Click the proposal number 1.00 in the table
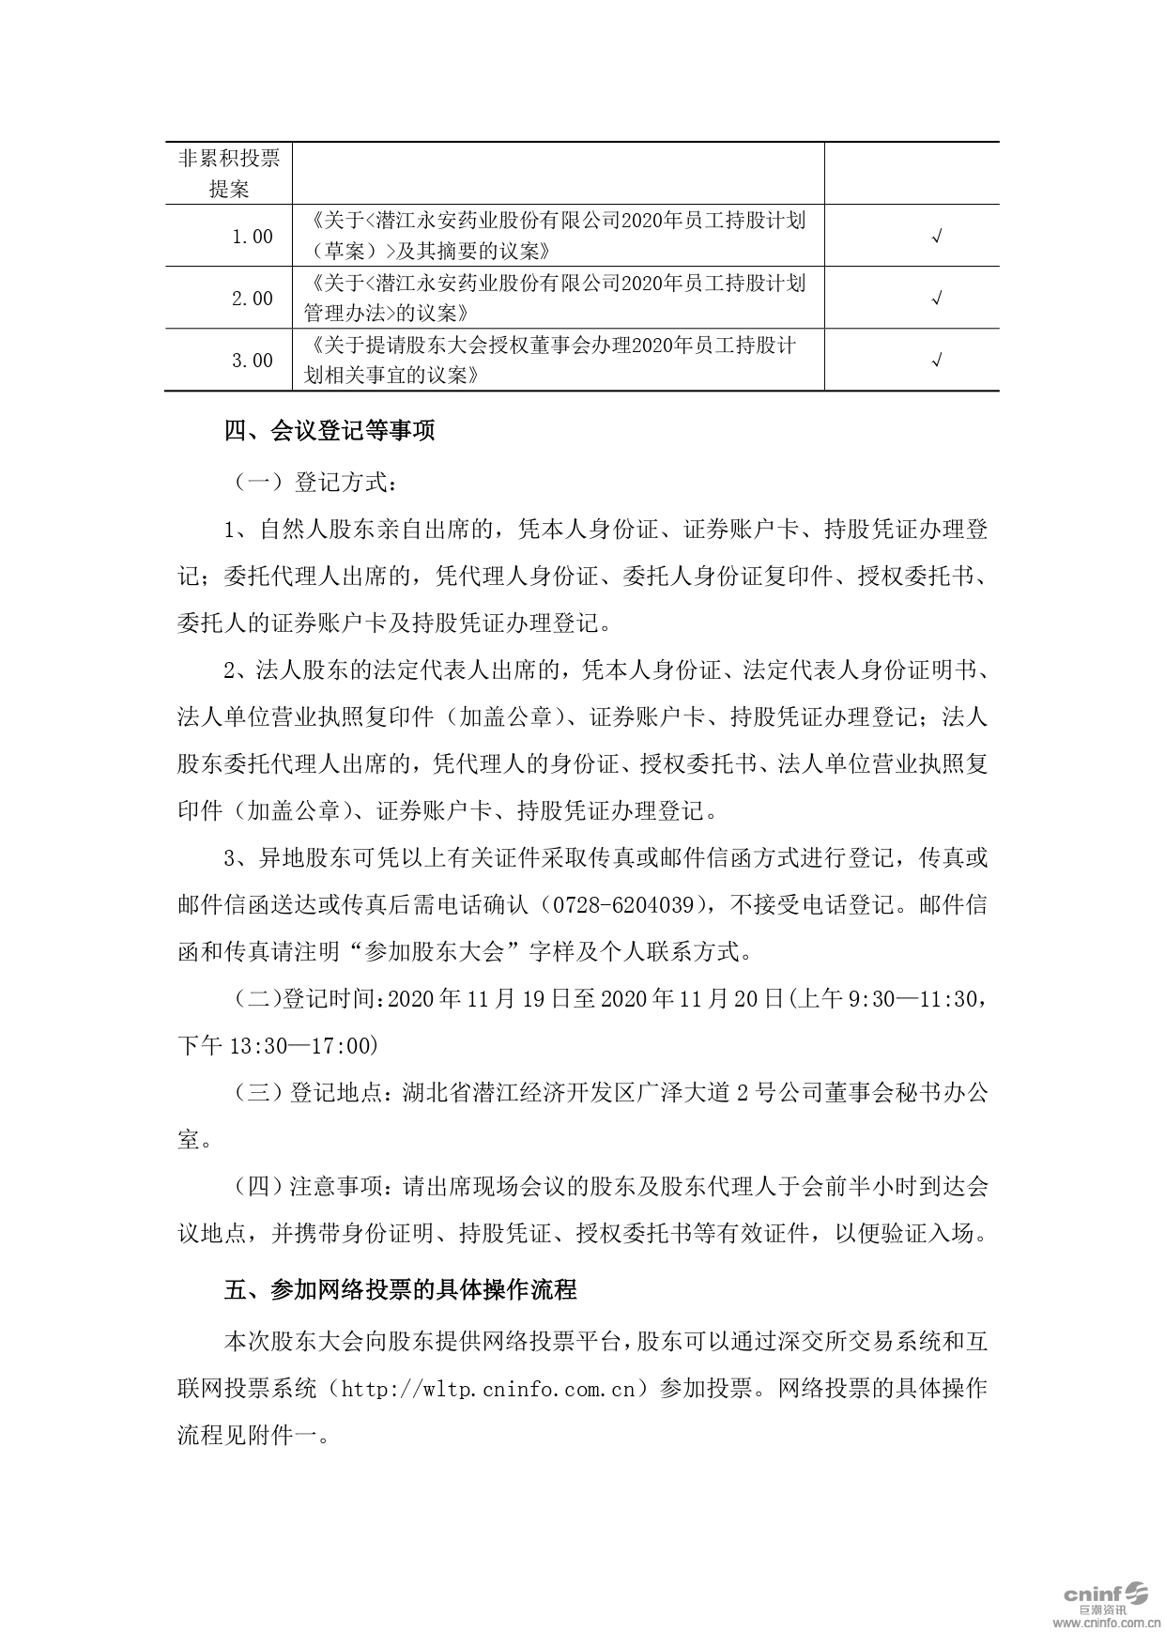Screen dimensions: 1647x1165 (252, 237)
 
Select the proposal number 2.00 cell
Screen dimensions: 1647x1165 (252, 299)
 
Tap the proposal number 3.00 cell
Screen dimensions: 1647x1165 (252, 361)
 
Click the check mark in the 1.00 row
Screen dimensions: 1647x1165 (936, 237)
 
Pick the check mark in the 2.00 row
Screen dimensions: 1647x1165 (936, 299)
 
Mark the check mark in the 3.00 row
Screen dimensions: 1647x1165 (936, 361)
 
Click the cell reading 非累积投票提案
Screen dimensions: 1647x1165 (229, 173)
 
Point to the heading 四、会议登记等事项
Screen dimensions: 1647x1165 (330, 431)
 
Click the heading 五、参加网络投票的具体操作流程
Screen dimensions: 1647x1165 (400, 1289)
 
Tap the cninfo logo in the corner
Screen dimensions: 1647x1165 (1105, 1593)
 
